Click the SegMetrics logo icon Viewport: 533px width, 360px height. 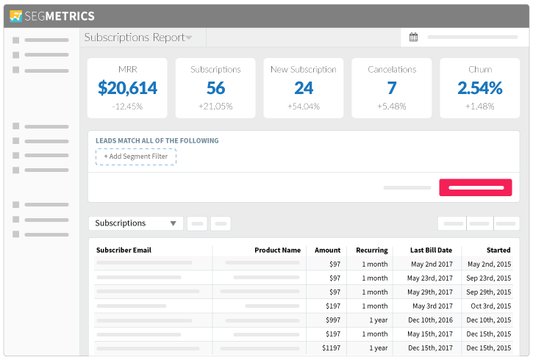(16, 15)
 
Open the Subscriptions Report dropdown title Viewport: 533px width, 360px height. (138, 37)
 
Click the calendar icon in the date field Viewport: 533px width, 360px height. (413, 37)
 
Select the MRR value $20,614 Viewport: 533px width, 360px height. (127, 88)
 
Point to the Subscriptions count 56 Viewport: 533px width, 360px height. (215, 88)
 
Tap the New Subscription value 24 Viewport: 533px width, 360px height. (304, 88)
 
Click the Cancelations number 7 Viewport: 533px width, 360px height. (392, 88)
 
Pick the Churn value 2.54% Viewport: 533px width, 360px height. (480, 88)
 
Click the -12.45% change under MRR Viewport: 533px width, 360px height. (127, 107)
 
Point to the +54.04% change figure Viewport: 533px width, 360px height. (304, 107)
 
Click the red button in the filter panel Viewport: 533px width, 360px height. (476, 187)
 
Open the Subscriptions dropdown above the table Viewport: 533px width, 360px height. (136, 223)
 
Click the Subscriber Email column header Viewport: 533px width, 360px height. (124, 250)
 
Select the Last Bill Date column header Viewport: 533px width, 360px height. (431, 250)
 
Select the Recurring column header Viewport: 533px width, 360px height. (371, 250)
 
